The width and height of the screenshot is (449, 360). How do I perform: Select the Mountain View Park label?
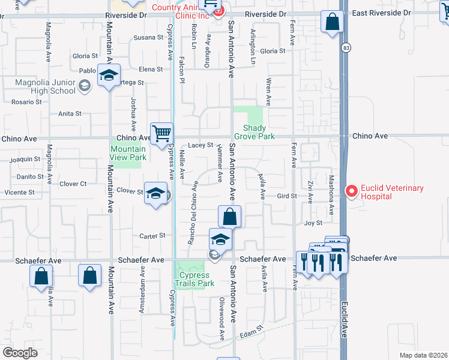click(128, 153)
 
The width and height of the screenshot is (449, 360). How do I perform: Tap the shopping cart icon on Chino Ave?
click(161, 133)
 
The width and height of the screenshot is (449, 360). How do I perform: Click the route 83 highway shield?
click(345, 47)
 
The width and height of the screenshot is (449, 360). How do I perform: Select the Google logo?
click(20, 352)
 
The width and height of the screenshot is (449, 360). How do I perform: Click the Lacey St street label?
click(200, 145)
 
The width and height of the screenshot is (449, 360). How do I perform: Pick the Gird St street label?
click(287, 196)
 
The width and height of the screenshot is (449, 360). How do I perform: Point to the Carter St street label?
click(152, 236)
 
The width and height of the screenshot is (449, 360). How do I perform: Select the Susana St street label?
click(148, 37)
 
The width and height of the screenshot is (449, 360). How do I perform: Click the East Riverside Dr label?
click(381, 13)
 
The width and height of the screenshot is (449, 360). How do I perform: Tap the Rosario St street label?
click(26, 102)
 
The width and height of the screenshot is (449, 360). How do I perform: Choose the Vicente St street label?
click(19, 193)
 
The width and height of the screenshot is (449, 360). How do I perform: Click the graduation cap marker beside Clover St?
click(155, 194)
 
